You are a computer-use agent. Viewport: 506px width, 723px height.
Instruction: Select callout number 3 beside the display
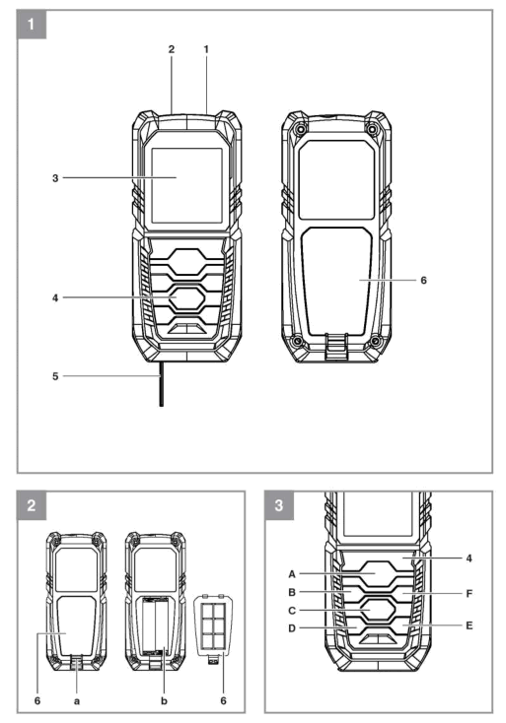pyautogui.click(x=55, y=178)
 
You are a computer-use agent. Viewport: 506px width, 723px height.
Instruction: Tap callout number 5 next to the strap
pyautogui.click(x=55, y=375)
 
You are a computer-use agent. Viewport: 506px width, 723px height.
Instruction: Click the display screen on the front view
pyautogui.click(x=185, y=184)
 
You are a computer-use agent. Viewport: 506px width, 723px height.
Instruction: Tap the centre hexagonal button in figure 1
pyautogui.click(x=185, y=295)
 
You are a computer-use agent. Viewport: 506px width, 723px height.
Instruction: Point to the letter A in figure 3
pyautogui.click(x=293, y=572)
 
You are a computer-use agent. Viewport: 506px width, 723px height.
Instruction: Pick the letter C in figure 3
pyautogui.click(x=293, y=611)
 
